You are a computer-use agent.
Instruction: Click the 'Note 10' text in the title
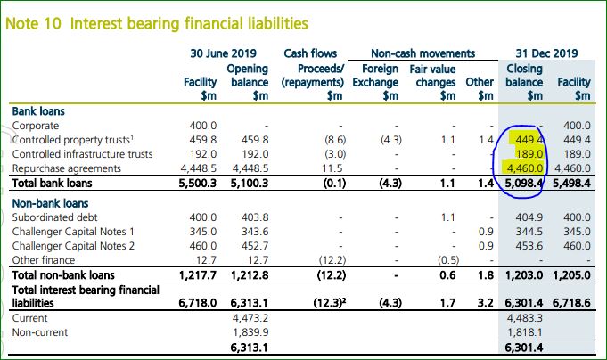(33, 23)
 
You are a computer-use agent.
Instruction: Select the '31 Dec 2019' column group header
(546, 53)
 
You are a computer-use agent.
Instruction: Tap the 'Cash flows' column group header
(310, 53)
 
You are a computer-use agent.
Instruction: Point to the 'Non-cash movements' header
(422, 53)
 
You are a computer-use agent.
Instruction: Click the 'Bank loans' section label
(38, 111)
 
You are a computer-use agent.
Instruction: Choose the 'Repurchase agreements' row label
(67, 168)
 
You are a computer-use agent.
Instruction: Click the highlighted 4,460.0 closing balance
(524, 168)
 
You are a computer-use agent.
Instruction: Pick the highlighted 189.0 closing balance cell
(529, 154)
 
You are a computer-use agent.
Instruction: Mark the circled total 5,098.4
(524, 183)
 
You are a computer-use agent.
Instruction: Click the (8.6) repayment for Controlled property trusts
(335, 140)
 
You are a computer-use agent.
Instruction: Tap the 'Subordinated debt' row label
(54, 217)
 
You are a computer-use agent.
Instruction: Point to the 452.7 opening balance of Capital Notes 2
(255, 246)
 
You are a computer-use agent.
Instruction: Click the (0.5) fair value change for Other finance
(447, 260)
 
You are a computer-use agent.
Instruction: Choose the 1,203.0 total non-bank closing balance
(524, 274)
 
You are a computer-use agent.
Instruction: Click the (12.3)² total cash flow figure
(330, 302)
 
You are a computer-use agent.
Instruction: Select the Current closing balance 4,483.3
(525, 318)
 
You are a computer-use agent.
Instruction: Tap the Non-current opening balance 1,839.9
(250, 332)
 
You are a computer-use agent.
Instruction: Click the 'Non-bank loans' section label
(50, 203)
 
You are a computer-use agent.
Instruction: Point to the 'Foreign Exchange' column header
(375, 76)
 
